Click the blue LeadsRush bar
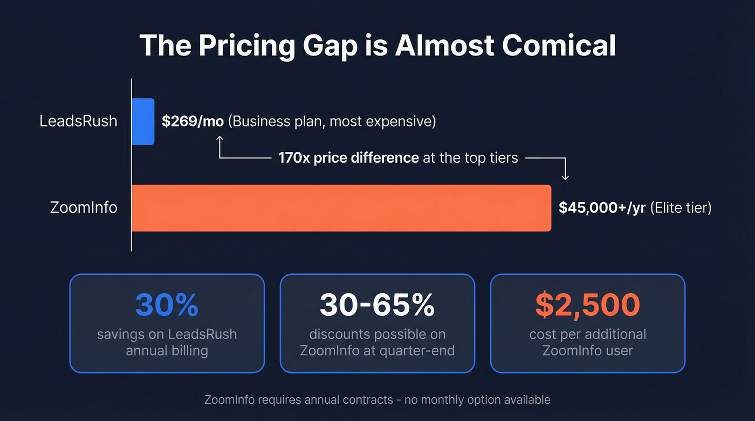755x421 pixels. tap(143, 121)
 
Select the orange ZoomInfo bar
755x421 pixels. tap(341, 208)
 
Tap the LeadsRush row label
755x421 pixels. tap(78, 121)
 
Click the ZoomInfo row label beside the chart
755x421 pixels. tap(84, 208)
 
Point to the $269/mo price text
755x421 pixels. tap(193, 121)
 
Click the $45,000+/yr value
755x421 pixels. tap(602, 208)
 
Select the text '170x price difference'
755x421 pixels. tap(348, 158)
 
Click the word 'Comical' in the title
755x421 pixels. tap(559, 46)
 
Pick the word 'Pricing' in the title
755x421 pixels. tap(246, 46)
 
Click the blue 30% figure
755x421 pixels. tap(167, 305)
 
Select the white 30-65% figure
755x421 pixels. tap(377, 305)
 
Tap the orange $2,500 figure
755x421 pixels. tap(587, 305)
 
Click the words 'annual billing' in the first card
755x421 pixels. tap(167, 351)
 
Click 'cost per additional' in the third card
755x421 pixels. tap(587, 334)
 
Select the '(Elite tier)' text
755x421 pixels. tap(681, 208)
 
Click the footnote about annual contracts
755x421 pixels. tap(377, 400)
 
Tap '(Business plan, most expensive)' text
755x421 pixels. tap(332, 121)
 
